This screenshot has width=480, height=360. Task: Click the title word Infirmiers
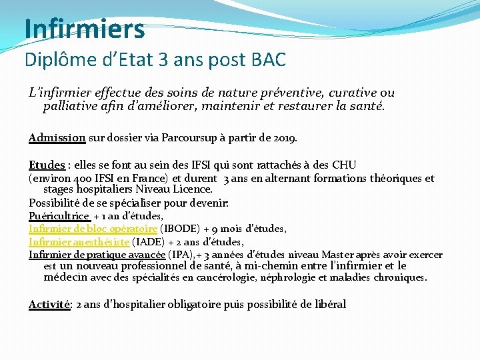(x=84, y=29)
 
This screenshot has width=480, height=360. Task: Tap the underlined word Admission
(x=57, y=138)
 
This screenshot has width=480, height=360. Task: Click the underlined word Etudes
(x=47, y=165)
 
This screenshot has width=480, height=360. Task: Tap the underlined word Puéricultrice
(x=59, y=216)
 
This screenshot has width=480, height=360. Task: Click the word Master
(x=339, y=255)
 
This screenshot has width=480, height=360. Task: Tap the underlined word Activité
(x=49, y=304)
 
